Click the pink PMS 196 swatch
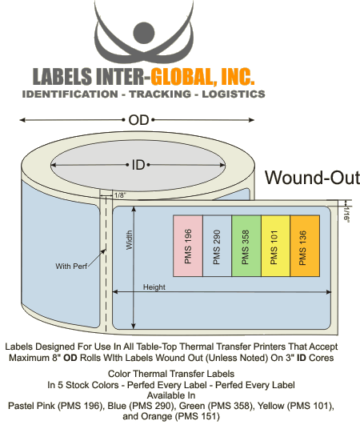point(188,246)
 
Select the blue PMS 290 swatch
point(218,246)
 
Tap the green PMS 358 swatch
point(246,246)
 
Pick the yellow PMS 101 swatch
point(275,246)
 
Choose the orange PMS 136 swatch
point(305,246)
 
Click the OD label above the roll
point(138,120)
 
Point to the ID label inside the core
point(138,165)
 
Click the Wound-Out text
point(313,178)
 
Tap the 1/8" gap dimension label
point(119,195)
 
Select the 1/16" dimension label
point(346,214)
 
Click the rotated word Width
point(129,240)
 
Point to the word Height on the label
point(154,287)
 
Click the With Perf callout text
point(71,267)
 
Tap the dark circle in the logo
point(144,33)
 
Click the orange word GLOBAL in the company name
point(181,76)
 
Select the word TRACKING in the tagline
point(160,94)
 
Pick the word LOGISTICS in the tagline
point(234,94)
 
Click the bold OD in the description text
point(70,358)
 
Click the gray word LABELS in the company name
point(62,76)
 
